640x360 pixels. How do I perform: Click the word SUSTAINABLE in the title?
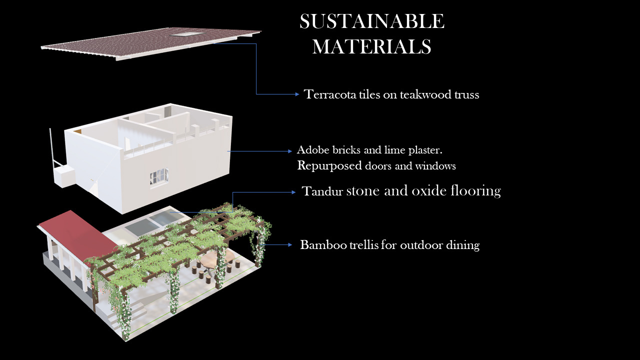pos(372,21)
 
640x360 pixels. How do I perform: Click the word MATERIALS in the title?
pos(371,46)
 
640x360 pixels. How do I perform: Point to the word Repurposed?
pos(329,166)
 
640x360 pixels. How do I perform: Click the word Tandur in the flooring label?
pos(322,191)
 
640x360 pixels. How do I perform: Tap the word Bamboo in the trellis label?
pos(323,245)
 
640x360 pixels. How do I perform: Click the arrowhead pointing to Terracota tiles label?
pos(297,94)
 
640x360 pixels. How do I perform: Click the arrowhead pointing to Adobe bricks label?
pos(289,151)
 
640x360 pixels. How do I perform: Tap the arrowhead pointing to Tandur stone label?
pos(293,192)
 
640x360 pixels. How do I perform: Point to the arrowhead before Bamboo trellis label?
pos(289,245)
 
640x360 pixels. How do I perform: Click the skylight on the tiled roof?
pos(187,34)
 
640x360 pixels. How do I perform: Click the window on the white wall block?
pos(159,176)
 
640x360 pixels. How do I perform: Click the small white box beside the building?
pos(64,176)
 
